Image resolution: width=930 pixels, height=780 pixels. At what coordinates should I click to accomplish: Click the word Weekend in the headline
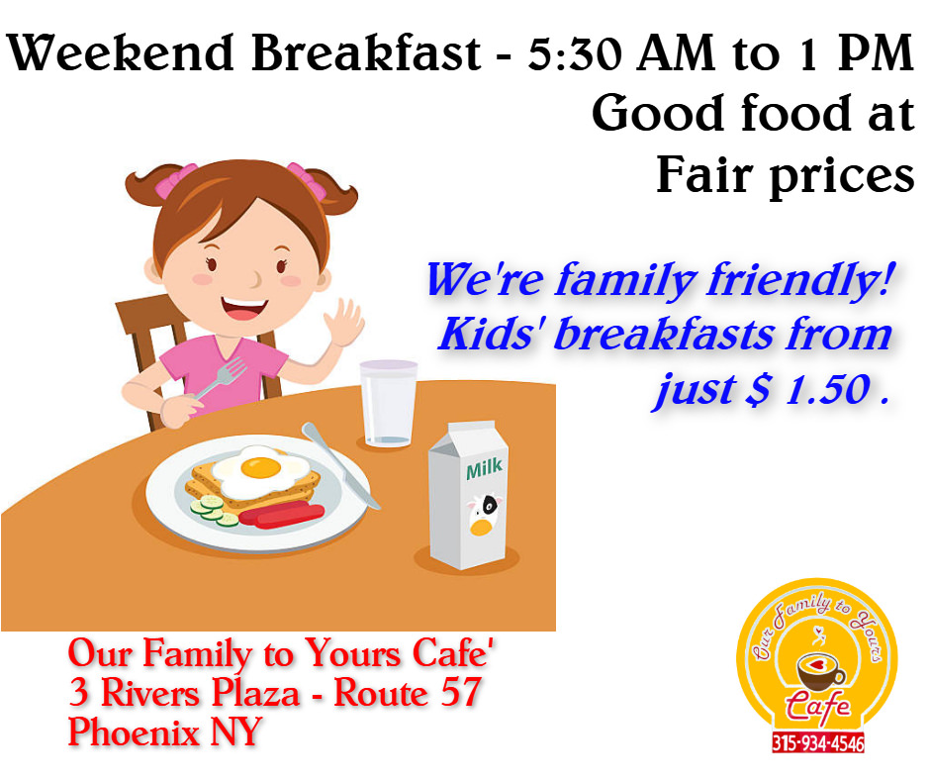(121, 53)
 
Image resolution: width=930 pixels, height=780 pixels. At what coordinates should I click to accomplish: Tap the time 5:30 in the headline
(575, 53)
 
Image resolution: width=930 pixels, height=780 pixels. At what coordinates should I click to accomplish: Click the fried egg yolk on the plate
(261, 468)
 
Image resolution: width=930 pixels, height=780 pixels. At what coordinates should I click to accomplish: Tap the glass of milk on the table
(389, 403)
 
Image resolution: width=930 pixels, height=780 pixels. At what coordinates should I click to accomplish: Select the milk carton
(468, 495)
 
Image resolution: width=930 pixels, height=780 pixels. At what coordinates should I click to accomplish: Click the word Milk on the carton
(484, 468)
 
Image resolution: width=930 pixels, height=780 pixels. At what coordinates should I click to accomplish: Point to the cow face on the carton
(484, 514)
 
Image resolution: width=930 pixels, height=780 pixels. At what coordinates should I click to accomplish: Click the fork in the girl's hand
(222, 376)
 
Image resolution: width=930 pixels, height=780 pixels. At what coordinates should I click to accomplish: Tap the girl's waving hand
(344, 324)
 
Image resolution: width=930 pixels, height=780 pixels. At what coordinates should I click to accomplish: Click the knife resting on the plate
(340, 465)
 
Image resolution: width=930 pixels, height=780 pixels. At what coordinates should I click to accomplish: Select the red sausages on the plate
(282, 514)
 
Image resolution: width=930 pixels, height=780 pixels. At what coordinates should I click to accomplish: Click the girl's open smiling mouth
(244, 309)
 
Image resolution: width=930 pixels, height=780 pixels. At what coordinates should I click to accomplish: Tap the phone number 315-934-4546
(818, 742)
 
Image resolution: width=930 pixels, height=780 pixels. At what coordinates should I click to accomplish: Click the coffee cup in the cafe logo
(821, 671)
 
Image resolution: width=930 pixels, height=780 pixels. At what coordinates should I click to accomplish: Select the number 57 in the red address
(460, 693)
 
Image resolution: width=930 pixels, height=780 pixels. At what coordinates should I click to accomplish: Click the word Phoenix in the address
(134, 731)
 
